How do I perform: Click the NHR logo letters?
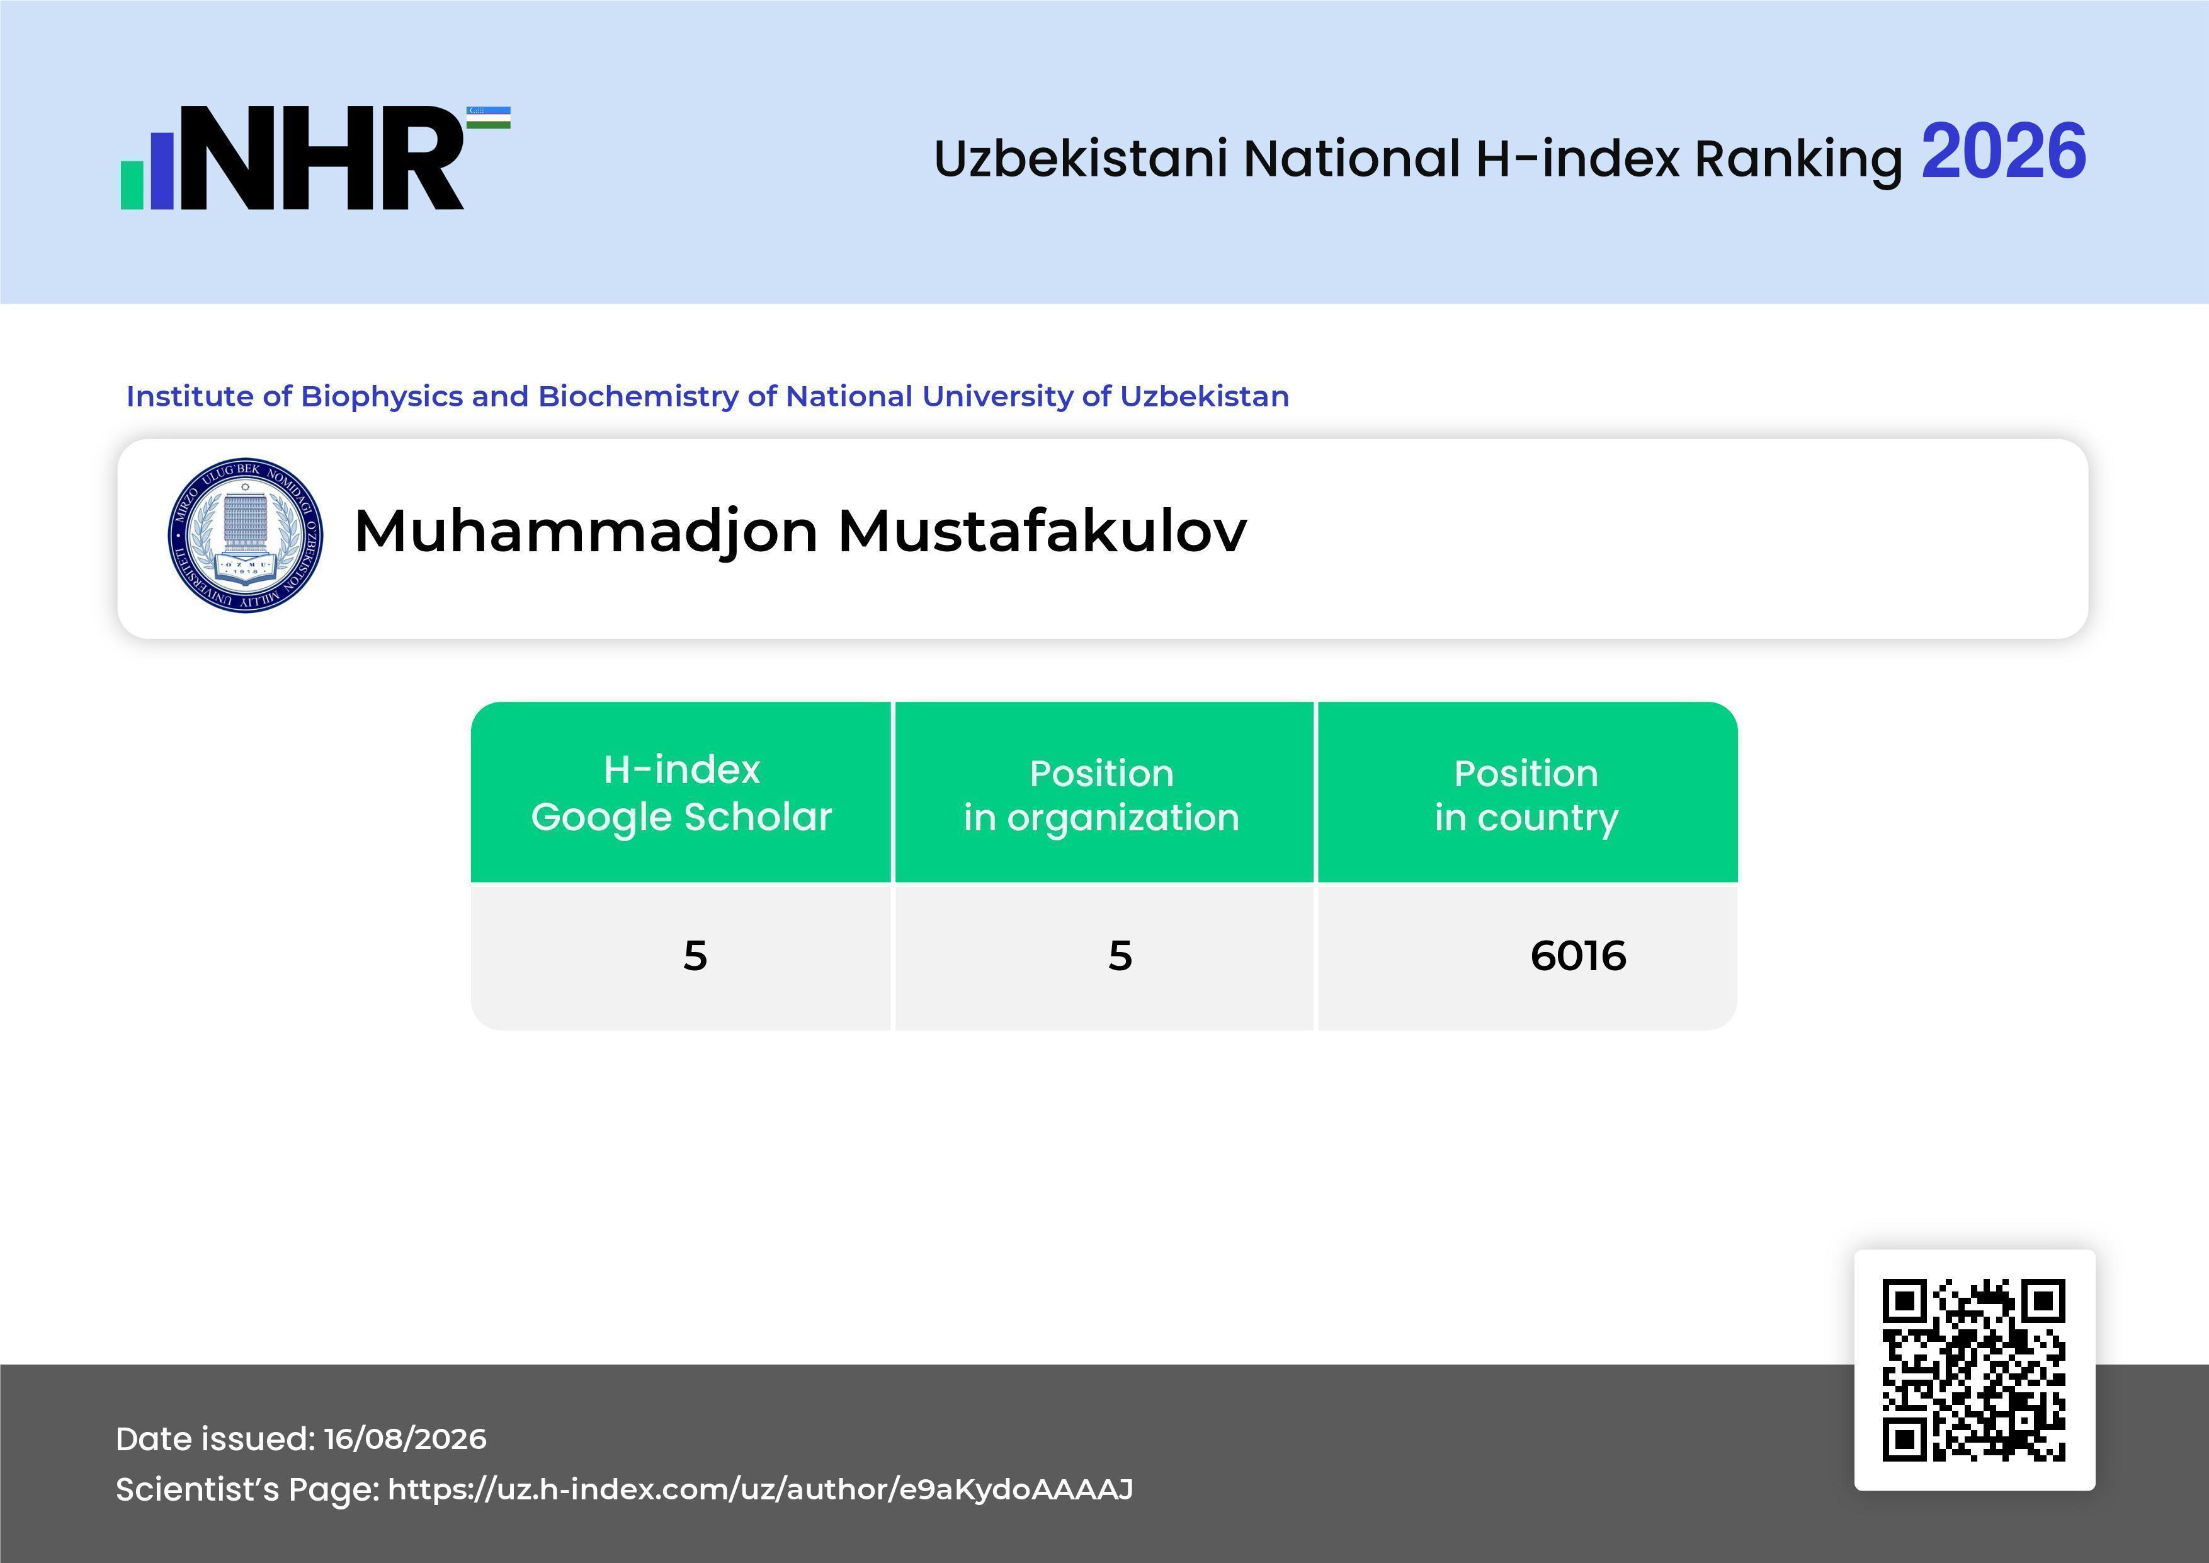322,158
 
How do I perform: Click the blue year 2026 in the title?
2004,152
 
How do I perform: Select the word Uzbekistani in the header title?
1081,159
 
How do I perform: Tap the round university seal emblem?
246,534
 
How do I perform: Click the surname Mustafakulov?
1042,530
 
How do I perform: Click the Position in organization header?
1101,795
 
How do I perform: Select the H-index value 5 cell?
695,956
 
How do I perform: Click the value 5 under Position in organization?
1120,956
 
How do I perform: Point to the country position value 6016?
1578,956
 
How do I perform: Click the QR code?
1974,1370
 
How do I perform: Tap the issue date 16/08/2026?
405,1439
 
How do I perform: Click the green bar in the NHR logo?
132,185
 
